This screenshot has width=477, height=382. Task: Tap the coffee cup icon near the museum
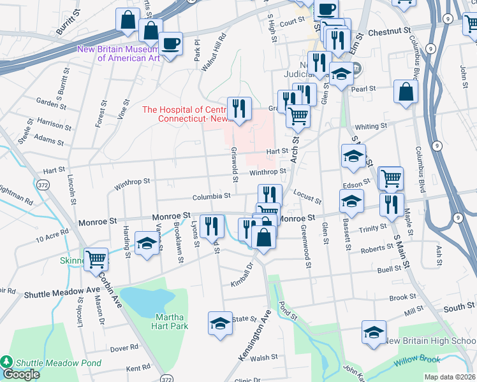170,44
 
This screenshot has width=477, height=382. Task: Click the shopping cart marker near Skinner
96,258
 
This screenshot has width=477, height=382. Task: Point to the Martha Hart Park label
170,322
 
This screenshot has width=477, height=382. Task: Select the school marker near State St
220,323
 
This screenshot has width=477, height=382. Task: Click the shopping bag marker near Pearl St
406,92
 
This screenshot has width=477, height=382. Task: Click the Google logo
20,374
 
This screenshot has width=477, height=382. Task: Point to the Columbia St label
212,197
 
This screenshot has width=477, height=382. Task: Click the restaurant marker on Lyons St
211,226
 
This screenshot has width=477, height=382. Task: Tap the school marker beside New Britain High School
374,332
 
